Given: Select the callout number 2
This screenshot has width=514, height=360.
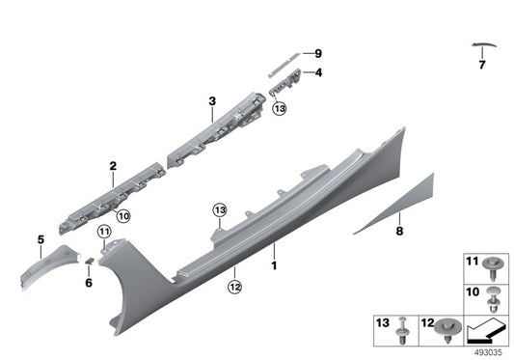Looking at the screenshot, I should point(113,166).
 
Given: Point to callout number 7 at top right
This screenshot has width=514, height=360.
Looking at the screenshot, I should point(481,66).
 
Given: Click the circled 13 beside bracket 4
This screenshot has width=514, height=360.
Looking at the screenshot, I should point(280,111).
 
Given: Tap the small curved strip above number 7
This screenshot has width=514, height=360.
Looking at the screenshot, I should point(482,44).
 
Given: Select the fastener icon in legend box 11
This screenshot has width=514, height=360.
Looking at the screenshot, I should point(495,263).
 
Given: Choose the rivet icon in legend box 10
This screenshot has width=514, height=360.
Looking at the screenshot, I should point(495,295).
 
